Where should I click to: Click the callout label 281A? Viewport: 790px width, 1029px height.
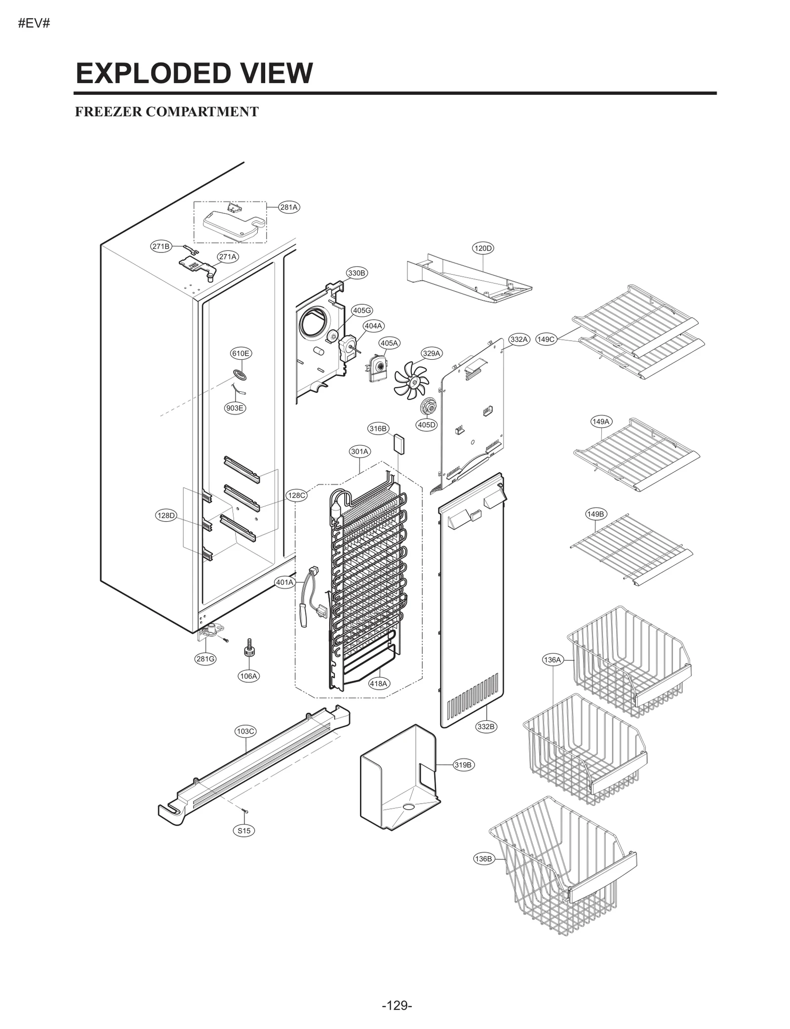[x=289, y=207]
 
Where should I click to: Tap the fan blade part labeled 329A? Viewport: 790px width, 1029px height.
[x=411, y=379]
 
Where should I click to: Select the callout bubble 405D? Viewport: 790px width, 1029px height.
[x=427, y=425]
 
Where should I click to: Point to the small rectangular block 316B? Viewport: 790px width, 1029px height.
[x=399, y=444]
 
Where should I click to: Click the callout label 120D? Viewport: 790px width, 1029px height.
[x=483, y=248]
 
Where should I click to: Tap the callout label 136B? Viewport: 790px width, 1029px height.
[x=483, y=859]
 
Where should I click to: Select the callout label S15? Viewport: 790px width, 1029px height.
[x=244, y=831]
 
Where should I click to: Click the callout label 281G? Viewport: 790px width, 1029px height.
[x=205, y=659]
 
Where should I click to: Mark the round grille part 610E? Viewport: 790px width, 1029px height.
[x=240, y=374]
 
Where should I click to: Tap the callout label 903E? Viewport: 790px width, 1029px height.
[x=235, y=408]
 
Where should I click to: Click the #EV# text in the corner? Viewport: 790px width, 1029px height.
[x=34, y=24]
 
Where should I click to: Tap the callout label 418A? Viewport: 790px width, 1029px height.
[x=379, y=684]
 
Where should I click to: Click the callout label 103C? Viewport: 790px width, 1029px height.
[x=245, y=731]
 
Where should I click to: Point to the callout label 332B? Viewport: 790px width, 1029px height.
[x=486, y=726]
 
